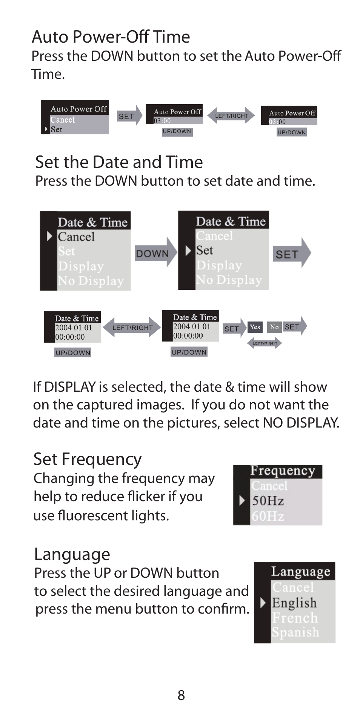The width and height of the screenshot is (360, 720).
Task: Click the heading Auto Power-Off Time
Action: [111, 37]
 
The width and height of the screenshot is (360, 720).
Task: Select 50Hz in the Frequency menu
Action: [268, 501]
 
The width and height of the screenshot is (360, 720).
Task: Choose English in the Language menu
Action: [294, 603]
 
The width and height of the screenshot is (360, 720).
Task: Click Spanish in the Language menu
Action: [295, 632]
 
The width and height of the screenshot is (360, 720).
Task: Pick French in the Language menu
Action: [295, 618]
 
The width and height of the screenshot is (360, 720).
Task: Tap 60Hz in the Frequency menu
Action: [268, 516]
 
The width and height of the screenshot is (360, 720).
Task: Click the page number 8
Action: [181, 695]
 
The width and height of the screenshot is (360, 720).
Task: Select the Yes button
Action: [255, 327]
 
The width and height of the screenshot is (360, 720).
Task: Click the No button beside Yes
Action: [274, 327]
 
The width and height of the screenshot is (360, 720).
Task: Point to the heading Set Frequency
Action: [87, 459]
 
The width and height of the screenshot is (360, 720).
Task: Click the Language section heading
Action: [72, 554]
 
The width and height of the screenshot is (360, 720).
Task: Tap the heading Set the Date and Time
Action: [119, 162]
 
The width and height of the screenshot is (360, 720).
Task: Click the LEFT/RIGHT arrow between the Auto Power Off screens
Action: [231, 116]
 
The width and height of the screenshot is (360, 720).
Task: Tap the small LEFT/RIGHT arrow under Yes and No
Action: [265, 343]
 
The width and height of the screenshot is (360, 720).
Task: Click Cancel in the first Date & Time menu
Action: [76, 237]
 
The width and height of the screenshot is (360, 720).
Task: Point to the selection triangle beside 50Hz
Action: [242, 501]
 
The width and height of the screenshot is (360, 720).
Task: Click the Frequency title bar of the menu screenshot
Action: [282, 471]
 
